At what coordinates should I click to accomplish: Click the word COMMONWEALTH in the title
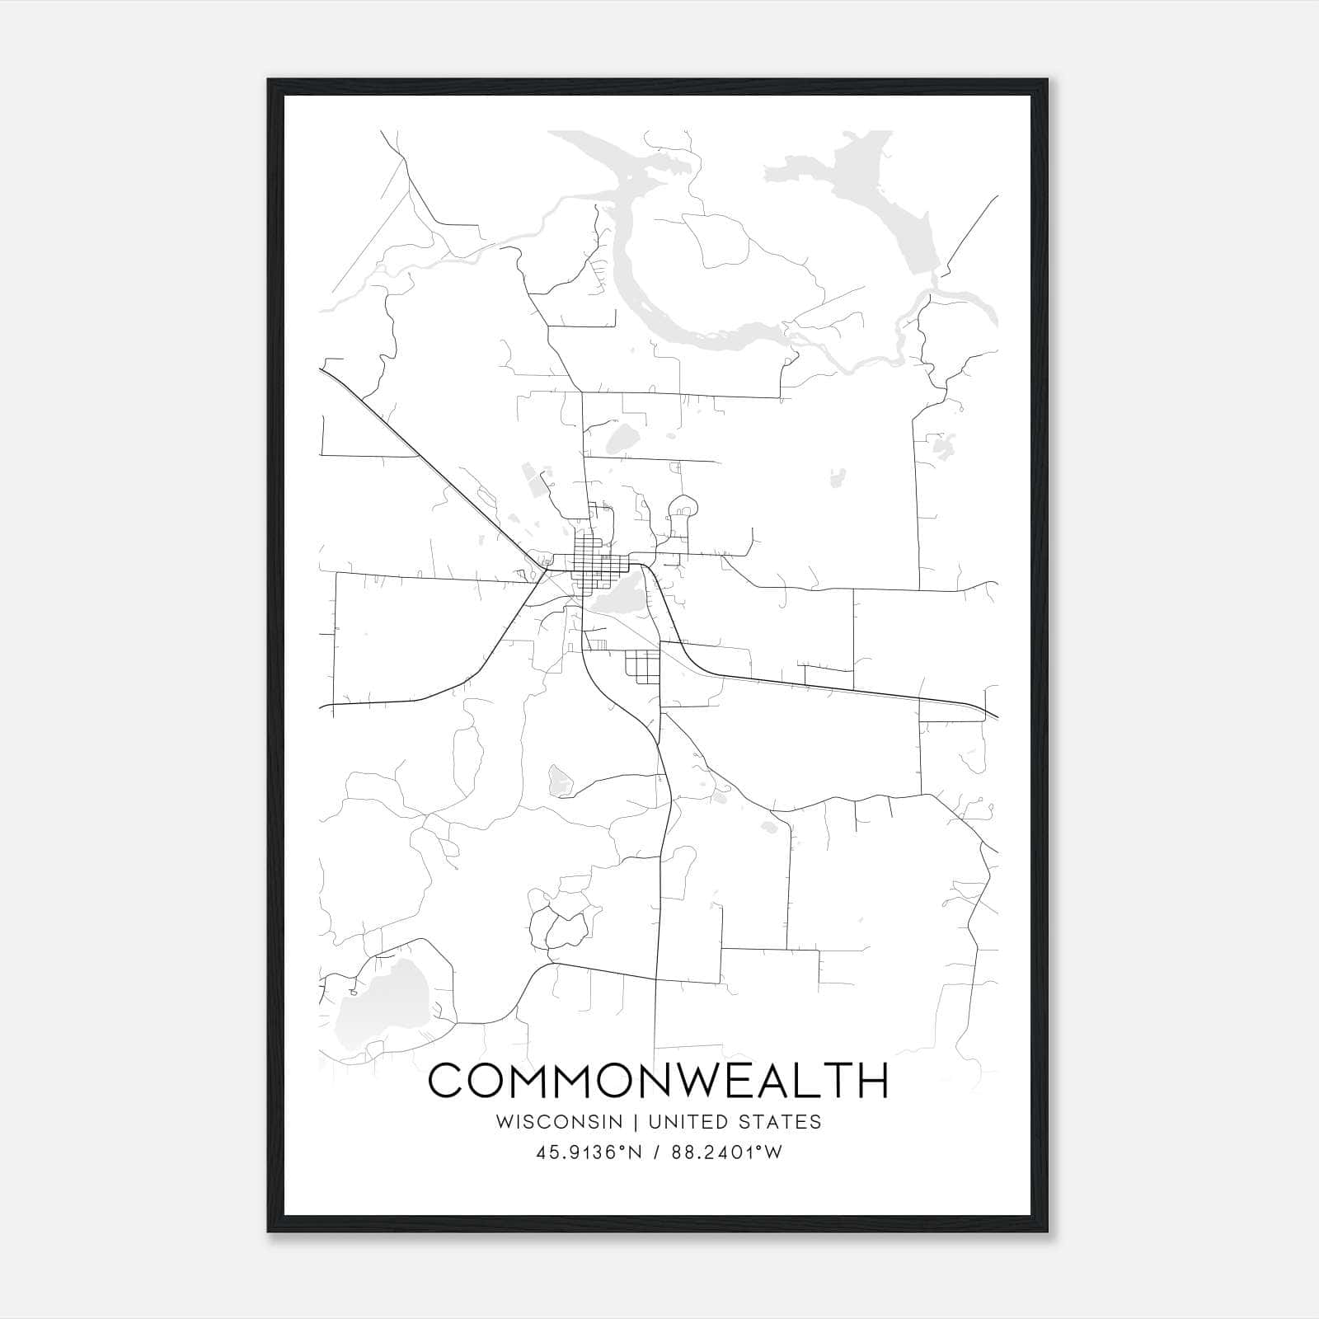[658, 1081]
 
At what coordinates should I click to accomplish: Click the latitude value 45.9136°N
[589, 1152]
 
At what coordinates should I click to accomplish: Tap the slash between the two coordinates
[655, 1152]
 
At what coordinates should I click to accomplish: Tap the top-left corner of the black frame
[270, 81]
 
